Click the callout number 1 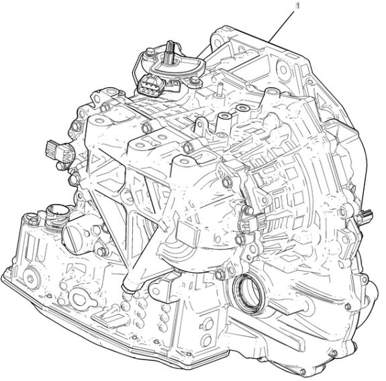tap(297, 5)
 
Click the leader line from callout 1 tap(282, 26)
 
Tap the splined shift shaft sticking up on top tap(170, 51)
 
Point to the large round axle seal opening tap(248, 292)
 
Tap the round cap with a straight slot tap(70, 235)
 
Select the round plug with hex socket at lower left tap(32, 278)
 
